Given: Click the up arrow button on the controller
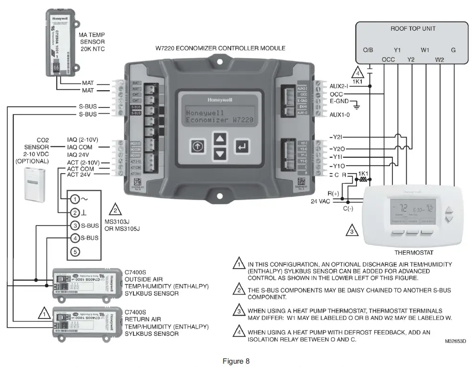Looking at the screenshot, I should [x=219, y=139].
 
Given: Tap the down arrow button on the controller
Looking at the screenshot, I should [x=219, y=154].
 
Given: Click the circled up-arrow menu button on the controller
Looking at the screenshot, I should [x=197, y=147].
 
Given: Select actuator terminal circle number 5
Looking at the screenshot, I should [x=75, y=251].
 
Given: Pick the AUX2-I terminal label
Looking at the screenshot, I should [x=341, y=86].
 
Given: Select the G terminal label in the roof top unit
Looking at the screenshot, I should [x=453, y=50].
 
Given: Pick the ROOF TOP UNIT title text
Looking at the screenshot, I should [x=413, y=29].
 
